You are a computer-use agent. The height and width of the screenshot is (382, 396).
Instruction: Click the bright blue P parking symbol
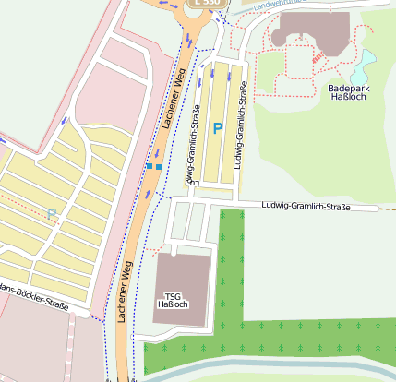click(x=218, y=129)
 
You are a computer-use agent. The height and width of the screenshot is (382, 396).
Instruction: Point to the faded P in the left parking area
click(x=52, y=214)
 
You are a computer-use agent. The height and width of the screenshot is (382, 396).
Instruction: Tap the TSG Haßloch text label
click(x=174, y=300)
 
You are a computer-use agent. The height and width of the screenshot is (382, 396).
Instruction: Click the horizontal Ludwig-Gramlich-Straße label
click(x=306, y=207)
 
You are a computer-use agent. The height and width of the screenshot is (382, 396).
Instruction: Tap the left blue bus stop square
click(x=149, y=166)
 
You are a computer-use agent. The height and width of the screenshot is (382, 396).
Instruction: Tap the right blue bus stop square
click(x=159, y=166)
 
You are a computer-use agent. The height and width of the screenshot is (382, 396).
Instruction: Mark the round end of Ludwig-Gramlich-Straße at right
click(x=377, y=209)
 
